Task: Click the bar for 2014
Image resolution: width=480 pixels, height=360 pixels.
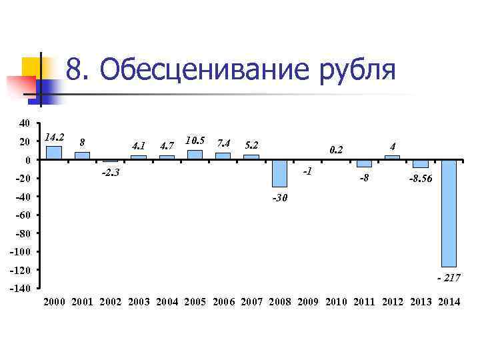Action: pyautogui.click(x=449, y=213)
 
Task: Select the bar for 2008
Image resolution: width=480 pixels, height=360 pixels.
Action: pyautogui.click(x=279, y=173)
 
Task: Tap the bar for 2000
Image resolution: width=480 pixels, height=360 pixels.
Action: pyautogui.click(x=54, y=153)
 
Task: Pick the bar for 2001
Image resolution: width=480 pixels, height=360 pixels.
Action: pyautogui.click(x=82, y=156)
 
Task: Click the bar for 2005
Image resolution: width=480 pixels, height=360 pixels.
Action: pyautogui.click(x=195, y=155)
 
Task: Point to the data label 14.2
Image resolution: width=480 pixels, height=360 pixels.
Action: pyautogui.click(x=54, y=137)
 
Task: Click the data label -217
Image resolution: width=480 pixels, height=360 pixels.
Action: pyautogui.click(x=449, y=277)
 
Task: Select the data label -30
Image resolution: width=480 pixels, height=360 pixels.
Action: pyautogui.click(x=280, y=198)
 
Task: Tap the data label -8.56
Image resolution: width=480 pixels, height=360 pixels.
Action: pyautogui.click(x=421, y=179)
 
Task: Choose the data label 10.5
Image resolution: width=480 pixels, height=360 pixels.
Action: pyautogui.click(x=195, y=141)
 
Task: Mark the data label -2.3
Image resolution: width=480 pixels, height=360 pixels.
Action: pyautogui.click(x=110, y=173)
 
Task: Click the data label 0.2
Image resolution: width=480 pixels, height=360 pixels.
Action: pyautogui.click(x=337, y=150)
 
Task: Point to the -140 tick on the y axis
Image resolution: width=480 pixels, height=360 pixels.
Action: pyautogui.click(x=20, y=289)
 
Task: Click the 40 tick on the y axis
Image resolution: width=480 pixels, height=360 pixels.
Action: pyautogui.click(x=24, y=123)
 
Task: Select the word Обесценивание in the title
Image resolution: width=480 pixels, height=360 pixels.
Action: pyautogui.click(x=199, y=70)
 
